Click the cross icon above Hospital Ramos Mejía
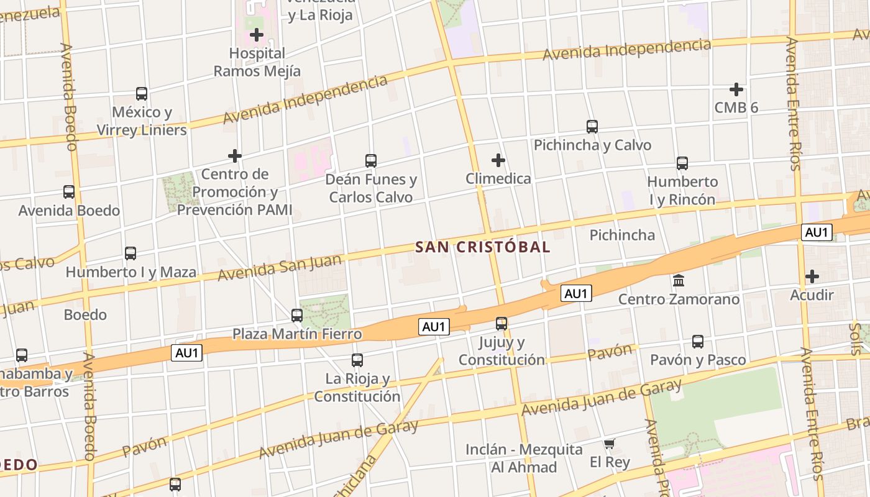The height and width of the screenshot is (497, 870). [x=257, y=35]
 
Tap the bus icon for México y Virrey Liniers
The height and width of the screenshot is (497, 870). [x=142, y=94]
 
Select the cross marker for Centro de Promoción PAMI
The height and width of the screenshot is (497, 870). [x=235, y=155]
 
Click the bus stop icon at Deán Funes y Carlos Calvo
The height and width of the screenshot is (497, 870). [x=371, y=160]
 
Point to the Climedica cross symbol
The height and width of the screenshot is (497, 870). [x=498, y=160]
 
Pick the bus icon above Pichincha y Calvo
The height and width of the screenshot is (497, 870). [x=592, y=126]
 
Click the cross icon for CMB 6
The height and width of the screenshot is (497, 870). [x=736, y=89]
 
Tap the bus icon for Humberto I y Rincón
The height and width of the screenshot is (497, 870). [x=682, y=163]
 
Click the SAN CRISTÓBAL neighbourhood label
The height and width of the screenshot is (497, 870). [x=483, y=247]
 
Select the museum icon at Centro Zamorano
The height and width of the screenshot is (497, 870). [x=679, y=281]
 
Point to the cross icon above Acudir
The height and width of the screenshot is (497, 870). [x=812, y=276]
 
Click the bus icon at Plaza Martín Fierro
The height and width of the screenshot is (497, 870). [x=297, y=315]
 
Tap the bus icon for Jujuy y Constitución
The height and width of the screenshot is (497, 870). [x=501, y=324]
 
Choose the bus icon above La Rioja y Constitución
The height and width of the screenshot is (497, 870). [x=357, y=360]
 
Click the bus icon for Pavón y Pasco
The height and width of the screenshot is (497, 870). [x=698, y=341]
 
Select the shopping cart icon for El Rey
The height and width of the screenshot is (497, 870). [x=610, y=444]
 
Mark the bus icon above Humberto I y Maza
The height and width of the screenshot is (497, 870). [x=130, y=253]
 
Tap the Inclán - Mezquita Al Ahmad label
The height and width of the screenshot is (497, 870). [x=524, y=458]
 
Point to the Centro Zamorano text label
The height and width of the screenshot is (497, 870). [x=679, y=299]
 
